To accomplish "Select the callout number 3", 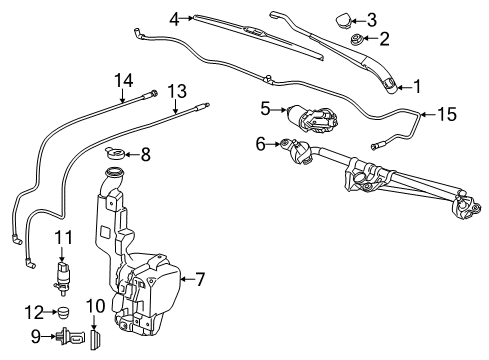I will [372, 19].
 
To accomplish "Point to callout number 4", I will [174, 18].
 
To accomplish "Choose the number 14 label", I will [123, 81].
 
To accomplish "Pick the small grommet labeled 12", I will [65, 312].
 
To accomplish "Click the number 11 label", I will [63, 236].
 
